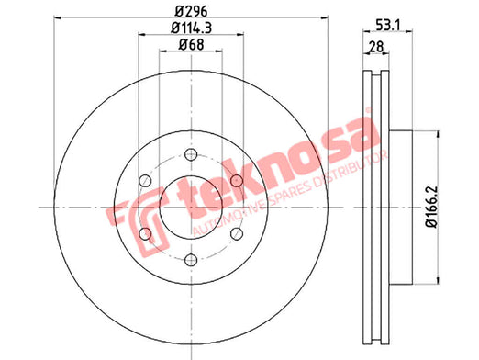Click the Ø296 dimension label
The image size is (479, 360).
191,12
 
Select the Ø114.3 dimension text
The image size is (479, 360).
191,28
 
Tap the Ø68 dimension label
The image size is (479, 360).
191,45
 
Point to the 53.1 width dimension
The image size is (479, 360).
388,25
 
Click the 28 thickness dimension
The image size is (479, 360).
376,47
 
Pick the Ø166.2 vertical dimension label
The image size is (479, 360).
432,208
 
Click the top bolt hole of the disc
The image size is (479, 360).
191,154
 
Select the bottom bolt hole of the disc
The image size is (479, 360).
191,260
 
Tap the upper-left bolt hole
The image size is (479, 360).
145,181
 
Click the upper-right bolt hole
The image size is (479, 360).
237,181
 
